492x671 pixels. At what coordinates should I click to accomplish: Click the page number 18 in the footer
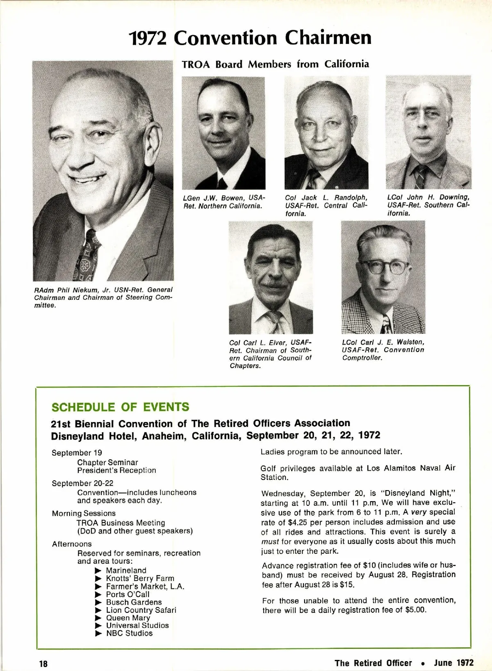coord(43,664)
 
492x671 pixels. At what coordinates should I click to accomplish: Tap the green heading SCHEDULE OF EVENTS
coord(120,407)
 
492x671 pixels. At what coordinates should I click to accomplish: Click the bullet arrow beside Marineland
coord(98,571)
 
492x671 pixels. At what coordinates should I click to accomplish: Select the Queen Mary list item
coord(128,618)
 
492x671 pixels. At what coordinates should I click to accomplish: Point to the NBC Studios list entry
coord(129,633)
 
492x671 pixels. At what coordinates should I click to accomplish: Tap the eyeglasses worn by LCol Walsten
coord(385,267)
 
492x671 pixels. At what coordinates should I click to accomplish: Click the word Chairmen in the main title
coord(328,38)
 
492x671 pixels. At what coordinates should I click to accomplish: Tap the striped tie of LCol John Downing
coord(420,176)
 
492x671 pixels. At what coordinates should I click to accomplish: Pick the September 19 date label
coord(77,453)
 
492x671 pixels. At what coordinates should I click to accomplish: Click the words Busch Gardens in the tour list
coord(134,602)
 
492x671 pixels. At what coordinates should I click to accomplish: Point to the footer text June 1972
coord(453,663)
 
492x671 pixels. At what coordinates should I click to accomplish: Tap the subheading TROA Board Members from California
coord(275,64)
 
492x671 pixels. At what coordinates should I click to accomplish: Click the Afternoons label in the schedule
coord(72,544)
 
